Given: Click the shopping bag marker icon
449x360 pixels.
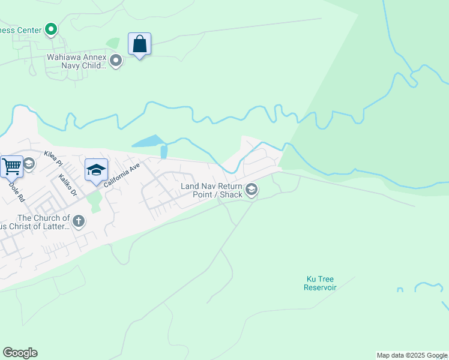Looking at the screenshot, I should pos(139,44).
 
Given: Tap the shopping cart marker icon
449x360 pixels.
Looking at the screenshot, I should pos(11,166).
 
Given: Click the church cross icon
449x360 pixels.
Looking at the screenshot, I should pos(78,222).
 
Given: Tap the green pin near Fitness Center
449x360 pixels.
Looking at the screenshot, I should pos(51,28).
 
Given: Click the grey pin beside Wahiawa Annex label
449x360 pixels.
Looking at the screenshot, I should pos(116,61).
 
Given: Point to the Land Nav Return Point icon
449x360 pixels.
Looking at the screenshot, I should pos(252,190).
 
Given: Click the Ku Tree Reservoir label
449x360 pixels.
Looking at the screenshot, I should pos(320,283).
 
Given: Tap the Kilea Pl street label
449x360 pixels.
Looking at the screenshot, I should pos(53,159).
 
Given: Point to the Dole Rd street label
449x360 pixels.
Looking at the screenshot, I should pos(16,191).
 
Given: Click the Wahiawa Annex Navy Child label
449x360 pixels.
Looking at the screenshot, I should pos(77,62).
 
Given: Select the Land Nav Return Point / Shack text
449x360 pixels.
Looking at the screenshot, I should pos(212,190).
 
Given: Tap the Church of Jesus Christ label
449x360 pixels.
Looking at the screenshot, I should pos(43,222).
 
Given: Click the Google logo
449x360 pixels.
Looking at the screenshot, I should pos(20,353).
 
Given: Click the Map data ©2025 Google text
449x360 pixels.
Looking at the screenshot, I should pos(412,355).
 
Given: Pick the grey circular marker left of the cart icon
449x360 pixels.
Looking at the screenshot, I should pos(28,163).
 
